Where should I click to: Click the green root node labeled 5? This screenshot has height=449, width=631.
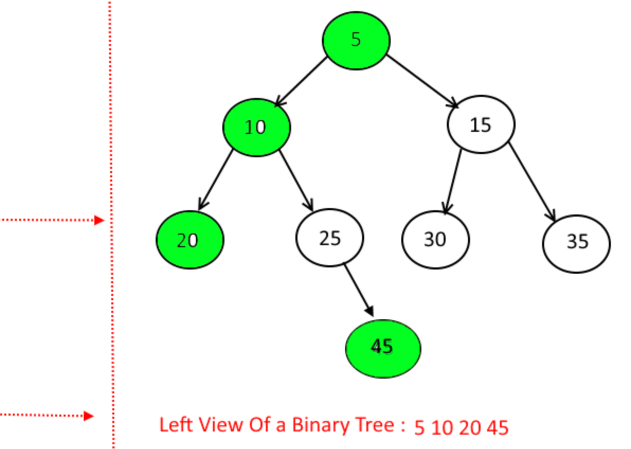[x=356, y=40]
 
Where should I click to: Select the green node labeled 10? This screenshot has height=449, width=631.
[x=256, y=127]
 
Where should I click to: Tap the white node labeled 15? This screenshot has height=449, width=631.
[x=481, y=125]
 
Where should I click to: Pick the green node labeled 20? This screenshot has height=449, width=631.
[x=190, y=240]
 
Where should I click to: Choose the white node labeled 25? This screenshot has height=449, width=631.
[x=329, y=238]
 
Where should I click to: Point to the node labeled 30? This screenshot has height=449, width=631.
[x=435, y=239]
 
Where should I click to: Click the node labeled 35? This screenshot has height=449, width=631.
[x=576, y=241]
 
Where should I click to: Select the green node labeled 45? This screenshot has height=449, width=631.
[x=383, y=348]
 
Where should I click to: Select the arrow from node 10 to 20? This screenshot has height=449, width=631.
[x=216, y=180]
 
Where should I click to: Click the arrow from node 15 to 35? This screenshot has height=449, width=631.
[x=532, y=181]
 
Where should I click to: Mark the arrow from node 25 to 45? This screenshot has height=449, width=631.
[x=359, y=290]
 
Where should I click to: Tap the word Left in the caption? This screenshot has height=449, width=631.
[x=173, y=425]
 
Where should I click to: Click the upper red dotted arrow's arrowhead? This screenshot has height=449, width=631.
[x=99, y=220]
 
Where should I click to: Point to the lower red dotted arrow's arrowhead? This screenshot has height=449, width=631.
[x=89, y=416]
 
